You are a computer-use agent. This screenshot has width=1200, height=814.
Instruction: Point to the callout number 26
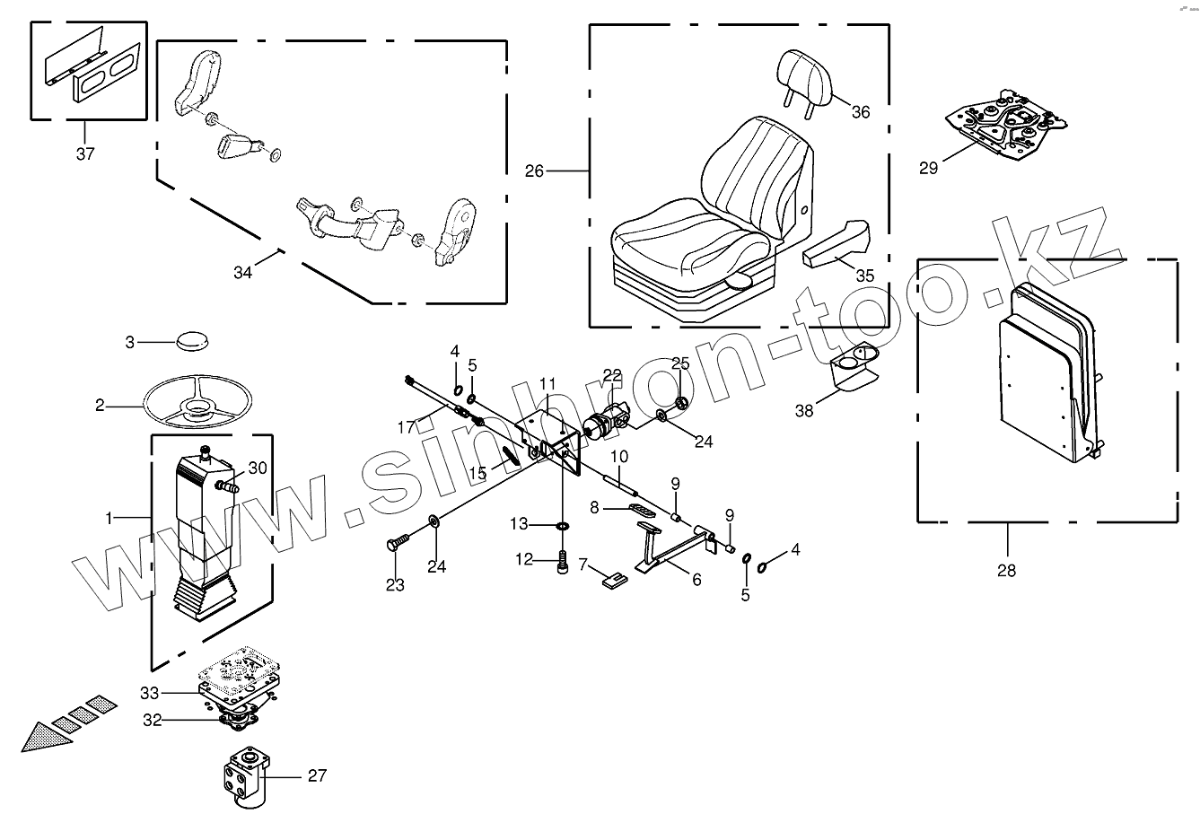click(534, 171)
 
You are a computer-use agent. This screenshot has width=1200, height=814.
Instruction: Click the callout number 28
click(1006, 570)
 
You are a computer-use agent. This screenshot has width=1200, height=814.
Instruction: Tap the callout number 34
click(242, 273)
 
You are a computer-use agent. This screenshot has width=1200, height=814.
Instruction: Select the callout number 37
click(84, 153)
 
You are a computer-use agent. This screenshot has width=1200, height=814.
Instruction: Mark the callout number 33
click(149, 693)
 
